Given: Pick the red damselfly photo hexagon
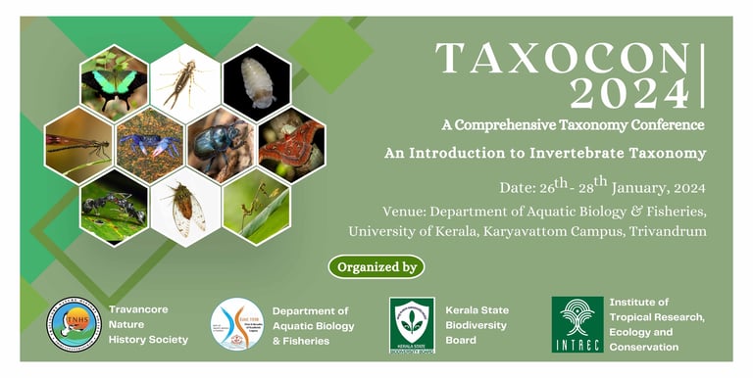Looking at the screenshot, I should click(78, 145).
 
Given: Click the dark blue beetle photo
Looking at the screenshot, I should click(221, 145).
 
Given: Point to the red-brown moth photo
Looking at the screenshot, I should click(291, 144).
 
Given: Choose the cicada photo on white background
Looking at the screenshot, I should click(185, 207).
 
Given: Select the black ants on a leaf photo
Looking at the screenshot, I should click(114, 207).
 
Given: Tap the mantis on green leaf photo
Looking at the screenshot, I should click(256, 207).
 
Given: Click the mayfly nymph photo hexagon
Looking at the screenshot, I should click(185, 82).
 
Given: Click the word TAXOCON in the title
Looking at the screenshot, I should click(562, 60).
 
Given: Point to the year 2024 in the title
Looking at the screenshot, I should click(629, 95).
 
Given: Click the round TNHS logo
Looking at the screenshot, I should click(74, 324).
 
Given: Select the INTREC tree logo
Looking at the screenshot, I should click(577, 324).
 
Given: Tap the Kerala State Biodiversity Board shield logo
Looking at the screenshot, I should click(411, 324).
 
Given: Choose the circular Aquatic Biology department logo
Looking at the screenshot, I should click(236, 324).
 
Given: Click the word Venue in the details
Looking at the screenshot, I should click(407, 211).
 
